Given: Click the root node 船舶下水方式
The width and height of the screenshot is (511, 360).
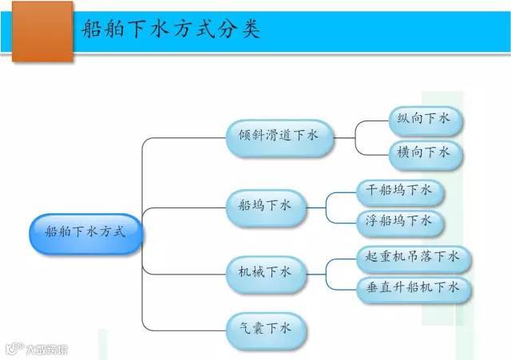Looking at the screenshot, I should click(x=85, y=232).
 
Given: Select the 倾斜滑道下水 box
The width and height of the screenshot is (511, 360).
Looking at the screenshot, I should click(x=278, y=135).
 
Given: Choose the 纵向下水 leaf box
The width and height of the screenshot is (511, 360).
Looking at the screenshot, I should click(x=424, y=119).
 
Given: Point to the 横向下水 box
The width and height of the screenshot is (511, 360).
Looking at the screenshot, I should click(x=424, y=152).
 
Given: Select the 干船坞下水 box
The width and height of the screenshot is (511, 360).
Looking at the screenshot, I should click(x=398, y=190).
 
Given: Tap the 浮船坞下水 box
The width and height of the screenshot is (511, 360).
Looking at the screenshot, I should click(x=398, y=220).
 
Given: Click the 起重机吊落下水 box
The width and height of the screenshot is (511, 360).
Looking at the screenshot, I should click(x=413, y=257).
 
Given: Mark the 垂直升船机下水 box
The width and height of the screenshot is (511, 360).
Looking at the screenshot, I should click(x=413, y=288).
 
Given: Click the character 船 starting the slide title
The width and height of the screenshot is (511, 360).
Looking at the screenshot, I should click(x=92, y=30).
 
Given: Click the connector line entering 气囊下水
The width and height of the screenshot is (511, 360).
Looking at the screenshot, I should click(x=184, y=327).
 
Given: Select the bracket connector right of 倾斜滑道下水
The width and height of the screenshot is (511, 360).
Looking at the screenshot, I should click(x=355, y=136).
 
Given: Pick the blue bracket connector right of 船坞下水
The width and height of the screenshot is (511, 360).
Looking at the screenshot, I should click(x=327, y=206).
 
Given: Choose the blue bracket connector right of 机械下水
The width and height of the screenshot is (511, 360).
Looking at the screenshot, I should click(x=327, y=272).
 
